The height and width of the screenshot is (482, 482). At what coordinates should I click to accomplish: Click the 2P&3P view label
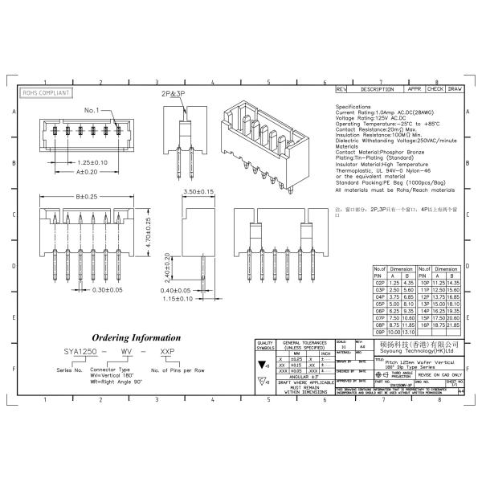[x=184, y=94]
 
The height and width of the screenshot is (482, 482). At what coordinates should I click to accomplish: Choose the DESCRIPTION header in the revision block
[x=377, y=89]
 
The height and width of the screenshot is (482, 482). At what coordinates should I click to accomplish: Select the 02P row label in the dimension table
[x=381, y=284]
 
